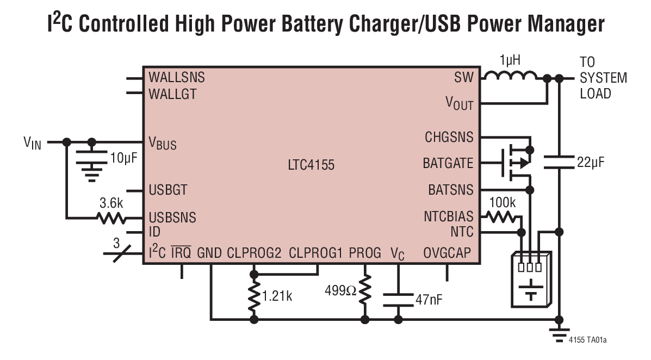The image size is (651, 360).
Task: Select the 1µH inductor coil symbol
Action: (510, 77)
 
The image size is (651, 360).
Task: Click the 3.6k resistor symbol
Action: (111, 218)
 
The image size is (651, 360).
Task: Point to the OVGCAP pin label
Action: (447, 253)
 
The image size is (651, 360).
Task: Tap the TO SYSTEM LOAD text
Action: (603, 77)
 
